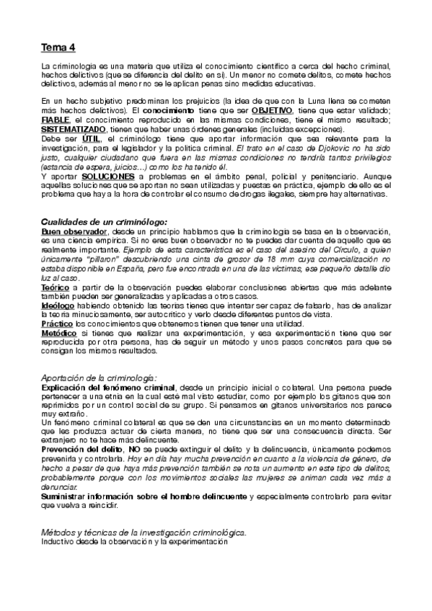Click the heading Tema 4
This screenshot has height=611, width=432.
58,48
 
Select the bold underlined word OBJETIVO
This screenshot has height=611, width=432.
272,110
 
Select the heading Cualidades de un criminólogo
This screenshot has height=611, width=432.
104,221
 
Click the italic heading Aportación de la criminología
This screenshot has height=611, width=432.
99,378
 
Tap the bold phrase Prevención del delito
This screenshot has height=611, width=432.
83,448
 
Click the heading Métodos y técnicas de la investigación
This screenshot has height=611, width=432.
144,532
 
